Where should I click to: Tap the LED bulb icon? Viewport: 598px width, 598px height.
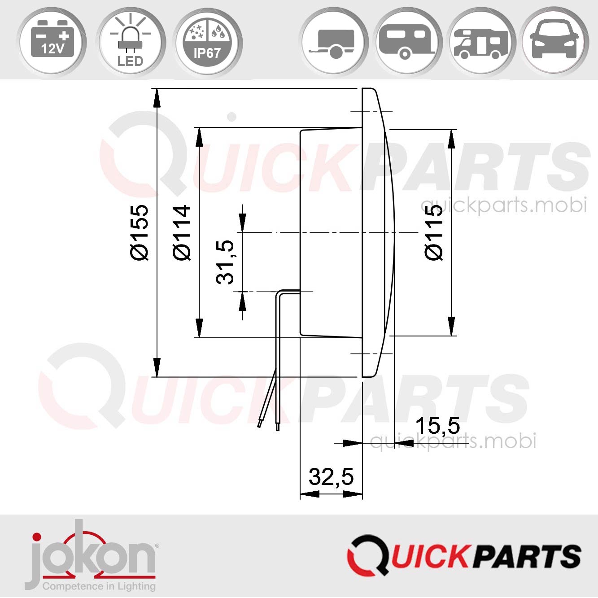pyautogui.click(x=130, y=41)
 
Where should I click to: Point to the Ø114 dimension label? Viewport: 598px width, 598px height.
pyautogui.click(x=182, y=232)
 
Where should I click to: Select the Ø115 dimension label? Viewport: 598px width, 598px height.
pyautogui.click(x=433, y=232)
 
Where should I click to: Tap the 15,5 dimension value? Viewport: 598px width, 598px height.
pyautogui.click(x=437, y=426)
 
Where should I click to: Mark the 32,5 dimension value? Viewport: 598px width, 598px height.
pyautogui.click(x=331, y=476)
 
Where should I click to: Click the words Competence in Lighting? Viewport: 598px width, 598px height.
pyautogui.click(x=99, y=586)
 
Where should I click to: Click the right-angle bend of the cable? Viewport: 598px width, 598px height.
pyautogui.click(x=279, y=292)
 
